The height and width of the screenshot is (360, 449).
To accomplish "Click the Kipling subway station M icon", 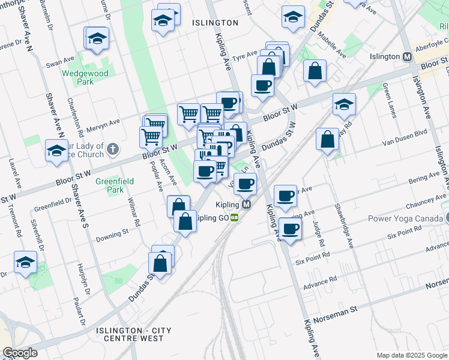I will pos(247,205).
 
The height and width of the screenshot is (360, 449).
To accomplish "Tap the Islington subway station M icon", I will pos(407,56).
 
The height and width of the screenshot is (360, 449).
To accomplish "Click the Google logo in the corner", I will pos(20,353).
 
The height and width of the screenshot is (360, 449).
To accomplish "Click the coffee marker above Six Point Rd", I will pos(291,229).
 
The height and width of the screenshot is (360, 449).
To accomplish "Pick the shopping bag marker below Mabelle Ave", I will pos(315,71).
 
